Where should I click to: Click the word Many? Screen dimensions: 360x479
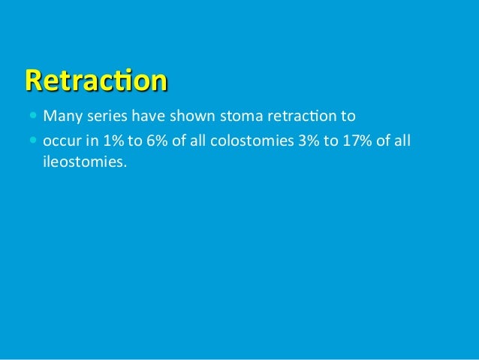pyautogui.click(x=61, y=117)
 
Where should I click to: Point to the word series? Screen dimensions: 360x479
pyautogui.click(x=103, y=117)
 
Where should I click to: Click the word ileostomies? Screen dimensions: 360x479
pyautogui.click(x=80, y=160)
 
